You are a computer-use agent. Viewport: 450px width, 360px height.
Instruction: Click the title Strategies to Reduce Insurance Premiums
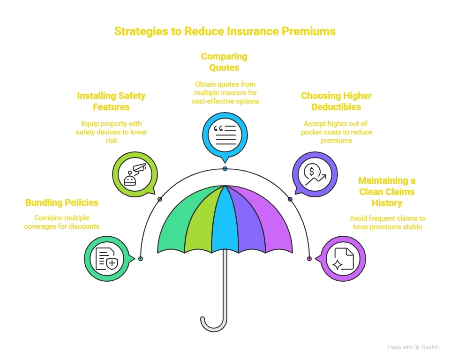[225, 31]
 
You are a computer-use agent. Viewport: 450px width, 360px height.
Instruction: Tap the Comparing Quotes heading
[224, 62]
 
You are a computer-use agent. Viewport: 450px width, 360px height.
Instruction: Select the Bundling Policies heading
[62, 202]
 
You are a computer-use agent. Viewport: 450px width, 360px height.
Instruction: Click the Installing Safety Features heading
[112, 101]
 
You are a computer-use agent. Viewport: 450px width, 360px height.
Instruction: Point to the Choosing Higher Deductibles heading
[337, 101]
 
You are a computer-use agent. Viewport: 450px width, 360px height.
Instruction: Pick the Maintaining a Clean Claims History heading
[387, 192]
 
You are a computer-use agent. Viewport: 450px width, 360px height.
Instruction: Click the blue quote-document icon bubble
[225, 135]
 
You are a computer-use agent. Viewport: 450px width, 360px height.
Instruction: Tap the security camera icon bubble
[135, 174]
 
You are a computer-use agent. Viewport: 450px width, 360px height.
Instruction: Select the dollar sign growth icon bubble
[315, 174]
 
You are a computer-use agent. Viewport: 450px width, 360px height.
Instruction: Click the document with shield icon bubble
[107, 259]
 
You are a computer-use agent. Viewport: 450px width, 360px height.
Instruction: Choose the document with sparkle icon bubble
[343, 259]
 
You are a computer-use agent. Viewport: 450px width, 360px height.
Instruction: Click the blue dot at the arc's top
[225, 169]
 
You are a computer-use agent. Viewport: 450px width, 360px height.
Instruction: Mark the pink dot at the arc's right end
[309, 259]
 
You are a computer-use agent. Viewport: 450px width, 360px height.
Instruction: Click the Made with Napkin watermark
[413, 347]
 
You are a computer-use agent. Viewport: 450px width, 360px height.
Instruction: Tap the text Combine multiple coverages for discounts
[62, 222]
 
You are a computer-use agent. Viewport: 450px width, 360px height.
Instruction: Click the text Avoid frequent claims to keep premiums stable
[388, 223]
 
